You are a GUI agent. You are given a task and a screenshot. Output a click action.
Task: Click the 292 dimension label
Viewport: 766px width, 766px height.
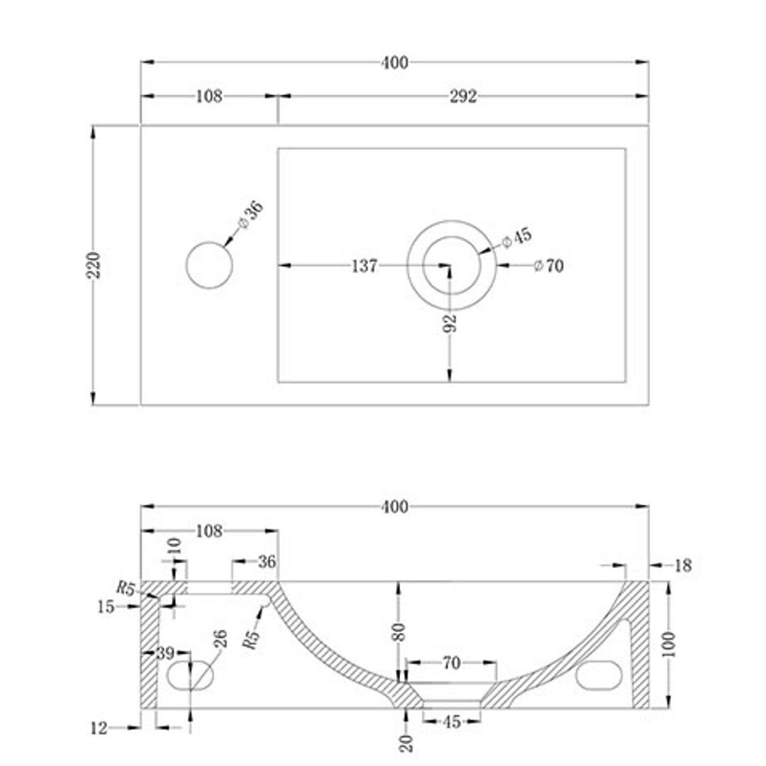462,96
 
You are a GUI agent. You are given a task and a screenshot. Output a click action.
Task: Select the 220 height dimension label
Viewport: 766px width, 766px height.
95,265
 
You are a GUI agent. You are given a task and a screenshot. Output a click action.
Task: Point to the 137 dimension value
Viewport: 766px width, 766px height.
365,266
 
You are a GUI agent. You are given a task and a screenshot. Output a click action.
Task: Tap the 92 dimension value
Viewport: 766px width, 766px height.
450,323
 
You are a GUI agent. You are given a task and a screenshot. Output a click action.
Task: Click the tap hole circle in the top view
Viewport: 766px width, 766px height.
209,265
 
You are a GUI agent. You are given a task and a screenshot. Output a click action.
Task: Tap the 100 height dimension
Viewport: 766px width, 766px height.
670,644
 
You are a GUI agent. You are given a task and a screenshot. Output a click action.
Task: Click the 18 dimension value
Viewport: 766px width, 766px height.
682,565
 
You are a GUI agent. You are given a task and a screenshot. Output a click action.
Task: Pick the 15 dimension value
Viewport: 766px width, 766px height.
106,607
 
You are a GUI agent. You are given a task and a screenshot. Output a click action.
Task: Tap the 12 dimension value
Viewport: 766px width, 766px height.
100,727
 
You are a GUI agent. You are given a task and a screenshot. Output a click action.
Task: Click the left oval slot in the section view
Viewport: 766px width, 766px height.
191,675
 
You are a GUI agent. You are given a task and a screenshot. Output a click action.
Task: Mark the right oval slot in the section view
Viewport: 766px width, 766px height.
599,675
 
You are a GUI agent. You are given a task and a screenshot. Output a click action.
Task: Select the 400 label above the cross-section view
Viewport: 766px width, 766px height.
394,506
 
